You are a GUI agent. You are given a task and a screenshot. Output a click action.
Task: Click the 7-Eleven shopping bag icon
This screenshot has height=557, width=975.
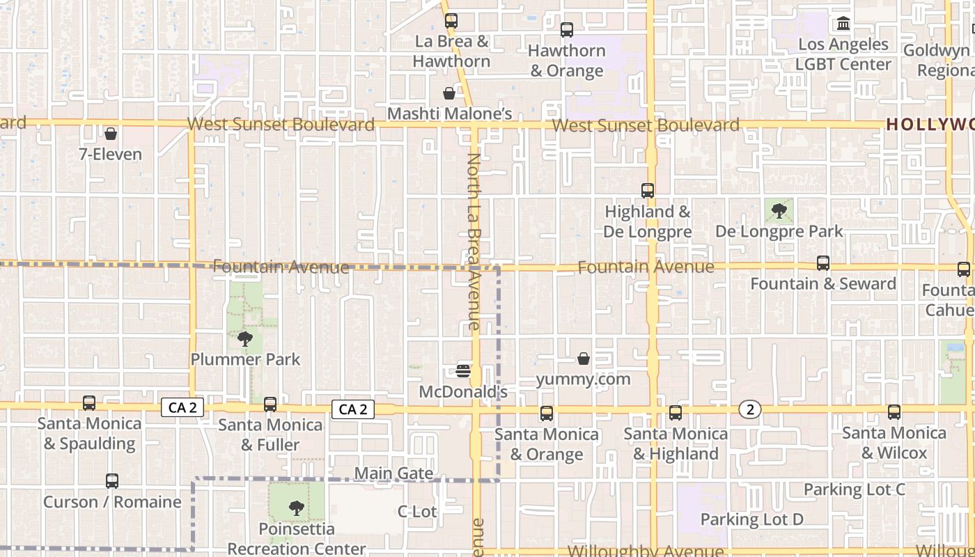click(x=110, y=134)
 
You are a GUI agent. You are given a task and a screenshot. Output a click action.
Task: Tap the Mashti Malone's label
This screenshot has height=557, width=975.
click(x=449, y=113)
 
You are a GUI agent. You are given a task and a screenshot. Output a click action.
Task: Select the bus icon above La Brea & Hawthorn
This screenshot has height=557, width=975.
click(x=451, y=21)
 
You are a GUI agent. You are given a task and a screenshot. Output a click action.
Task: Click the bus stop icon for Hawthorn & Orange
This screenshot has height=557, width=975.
click(x=567, y=30)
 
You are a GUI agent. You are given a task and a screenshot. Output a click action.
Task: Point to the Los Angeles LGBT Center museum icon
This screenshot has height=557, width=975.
click(x=843, y=24)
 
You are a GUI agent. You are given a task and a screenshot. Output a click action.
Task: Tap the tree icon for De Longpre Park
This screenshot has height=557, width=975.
click(x=779, y=210)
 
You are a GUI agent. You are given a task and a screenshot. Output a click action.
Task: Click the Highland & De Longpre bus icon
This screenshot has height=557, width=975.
click(x=648, y=190)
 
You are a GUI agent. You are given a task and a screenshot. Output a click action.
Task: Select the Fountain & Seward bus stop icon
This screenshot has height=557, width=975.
click(x=823, y=263)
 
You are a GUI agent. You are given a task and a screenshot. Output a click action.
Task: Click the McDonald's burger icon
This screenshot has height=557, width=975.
click(x=464, y=370)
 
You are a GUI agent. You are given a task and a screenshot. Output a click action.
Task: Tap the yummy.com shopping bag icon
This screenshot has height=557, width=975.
click(x=584, y=359)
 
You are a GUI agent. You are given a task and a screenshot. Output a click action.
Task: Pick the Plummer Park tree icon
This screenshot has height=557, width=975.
click(x=245, y=339)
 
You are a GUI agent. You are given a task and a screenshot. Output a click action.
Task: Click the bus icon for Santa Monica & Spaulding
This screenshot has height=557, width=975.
click(x=89, y=403)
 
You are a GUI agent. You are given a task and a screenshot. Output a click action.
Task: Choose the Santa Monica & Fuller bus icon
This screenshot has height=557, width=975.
click(x=270, y=405)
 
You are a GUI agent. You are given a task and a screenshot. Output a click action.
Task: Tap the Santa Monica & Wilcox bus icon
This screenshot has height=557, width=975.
click(x=894, y=412)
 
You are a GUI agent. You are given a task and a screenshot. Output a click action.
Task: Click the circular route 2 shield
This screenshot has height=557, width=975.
click(x=750, y=409)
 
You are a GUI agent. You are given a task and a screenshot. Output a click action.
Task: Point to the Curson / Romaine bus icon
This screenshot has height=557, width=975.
click(x=112, y=481)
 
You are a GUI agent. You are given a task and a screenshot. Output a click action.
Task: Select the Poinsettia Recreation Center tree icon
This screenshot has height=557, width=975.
click(x=297, y=508)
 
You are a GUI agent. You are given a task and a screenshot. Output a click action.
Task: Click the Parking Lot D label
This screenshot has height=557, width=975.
click(x=751, y=519)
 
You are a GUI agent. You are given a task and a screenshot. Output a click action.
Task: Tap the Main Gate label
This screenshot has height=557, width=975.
click(x=393, y=473)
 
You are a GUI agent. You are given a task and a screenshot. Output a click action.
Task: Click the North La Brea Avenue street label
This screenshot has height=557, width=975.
click(x=474, y=241)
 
